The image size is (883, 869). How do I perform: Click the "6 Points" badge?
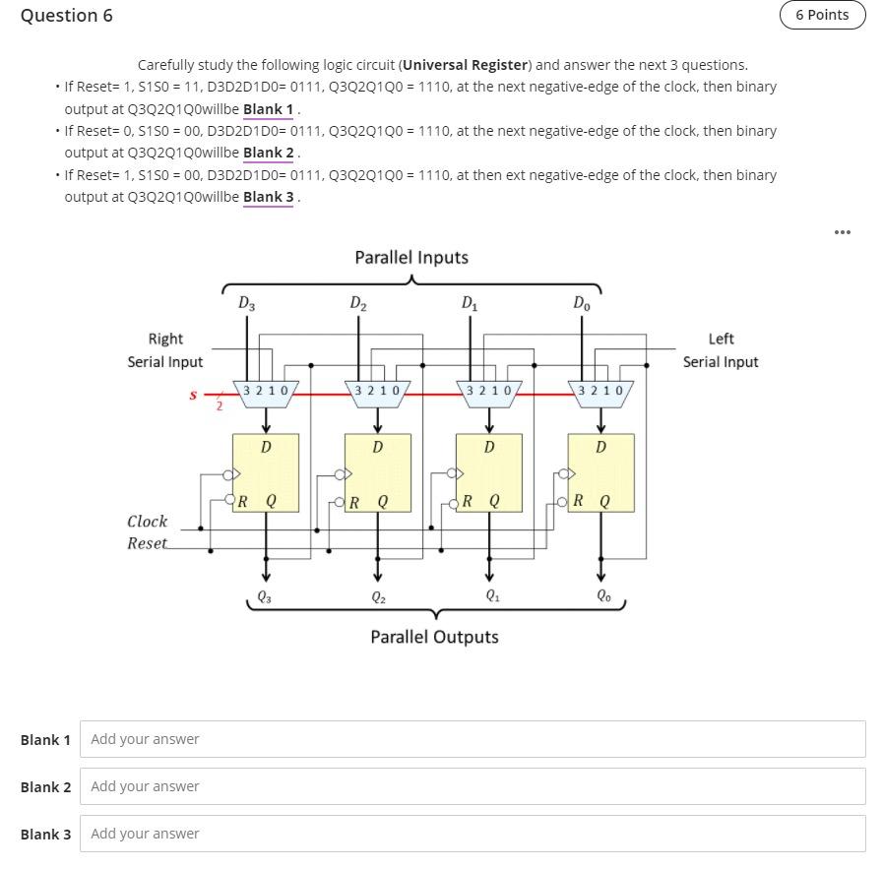[x=822, y=15]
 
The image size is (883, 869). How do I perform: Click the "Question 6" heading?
[x=67, y=16]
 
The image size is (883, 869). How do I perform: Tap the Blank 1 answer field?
[x=473, y=739]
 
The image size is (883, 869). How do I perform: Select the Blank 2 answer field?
[x=473, y=786]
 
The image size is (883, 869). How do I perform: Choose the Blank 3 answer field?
[x=473, y=834]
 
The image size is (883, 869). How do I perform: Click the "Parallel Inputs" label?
[x=411, y=258]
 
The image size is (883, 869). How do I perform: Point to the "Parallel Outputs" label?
[x=434, y=637]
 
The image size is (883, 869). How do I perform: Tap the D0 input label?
[x=583, y=304]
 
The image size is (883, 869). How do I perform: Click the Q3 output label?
[x=264, y=594]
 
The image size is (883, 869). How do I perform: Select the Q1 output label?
[x=490, y=594]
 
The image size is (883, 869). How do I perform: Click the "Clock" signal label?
[x=148, y=522]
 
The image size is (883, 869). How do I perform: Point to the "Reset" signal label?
[x=148, y=543]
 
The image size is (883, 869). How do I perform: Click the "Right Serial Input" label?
[x=165, y=350]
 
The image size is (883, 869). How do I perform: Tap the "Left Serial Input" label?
[x=721, y=350]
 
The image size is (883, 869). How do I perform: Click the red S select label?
[x=193, y=395]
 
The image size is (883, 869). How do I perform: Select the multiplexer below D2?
[x=377, y=391]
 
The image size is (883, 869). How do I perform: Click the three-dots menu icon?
[x=840, y=232]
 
